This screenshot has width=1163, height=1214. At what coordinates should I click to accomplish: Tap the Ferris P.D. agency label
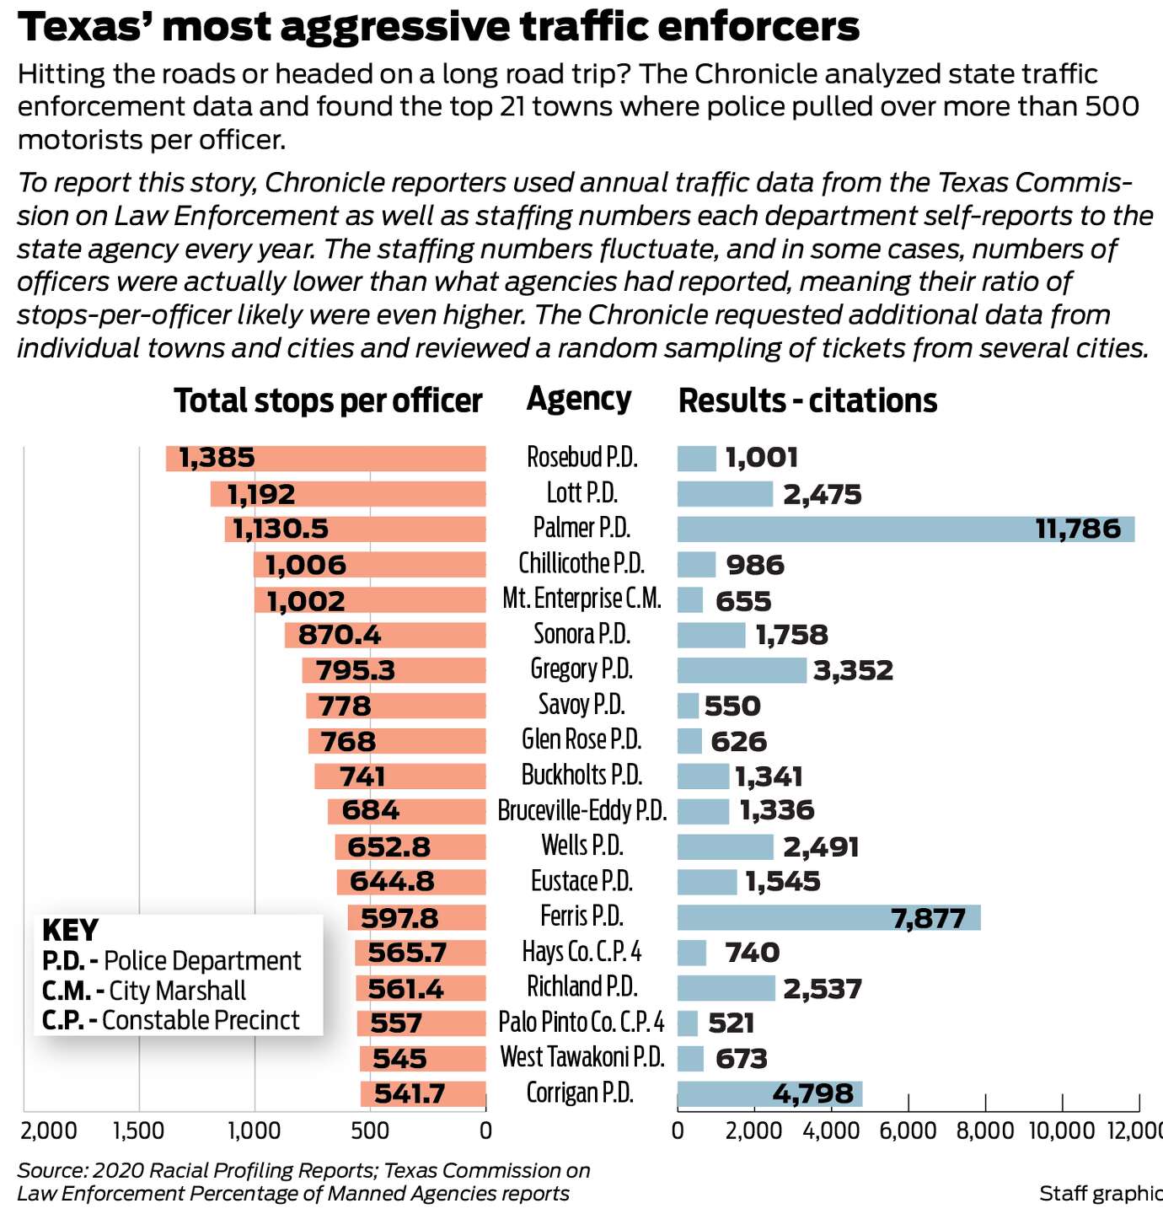coord(581,916)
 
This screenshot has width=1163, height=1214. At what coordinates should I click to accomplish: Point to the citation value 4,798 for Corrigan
coord(812,1093)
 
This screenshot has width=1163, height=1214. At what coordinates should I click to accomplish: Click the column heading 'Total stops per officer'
coord(328,401)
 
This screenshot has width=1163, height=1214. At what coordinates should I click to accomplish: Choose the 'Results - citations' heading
coord(807,401)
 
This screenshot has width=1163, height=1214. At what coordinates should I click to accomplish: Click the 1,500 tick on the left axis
coord(138,1130)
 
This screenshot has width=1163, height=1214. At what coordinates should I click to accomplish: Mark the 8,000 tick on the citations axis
coord(985,1130)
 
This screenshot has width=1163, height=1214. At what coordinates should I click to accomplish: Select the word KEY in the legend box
coord(70,931)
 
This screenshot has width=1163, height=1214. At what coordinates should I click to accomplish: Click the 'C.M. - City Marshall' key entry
coord(144,991)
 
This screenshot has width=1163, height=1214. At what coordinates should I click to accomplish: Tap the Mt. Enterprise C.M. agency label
coord(581,599)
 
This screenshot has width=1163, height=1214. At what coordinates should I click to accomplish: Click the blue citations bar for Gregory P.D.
coord(742,670)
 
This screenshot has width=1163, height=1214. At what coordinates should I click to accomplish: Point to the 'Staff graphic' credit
coord(1100,1193)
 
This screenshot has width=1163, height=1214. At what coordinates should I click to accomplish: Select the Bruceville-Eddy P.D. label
coord(581,811)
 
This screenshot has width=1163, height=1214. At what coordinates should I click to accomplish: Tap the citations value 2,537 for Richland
coord(822,988)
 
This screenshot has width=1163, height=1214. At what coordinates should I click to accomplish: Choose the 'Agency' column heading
coord(579,399)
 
